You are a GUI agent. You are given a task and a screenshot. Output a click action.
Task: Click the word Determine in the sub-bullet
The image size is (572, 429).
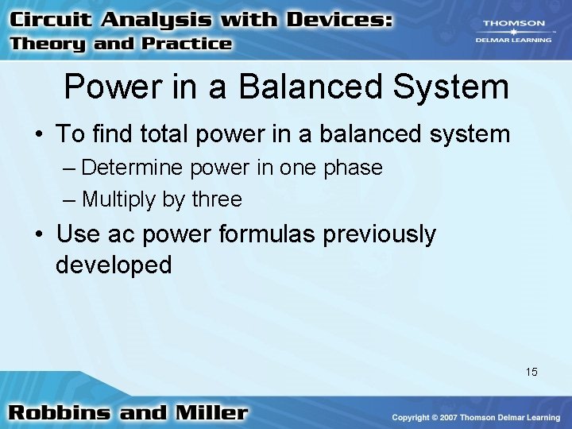pyautogui.click(x=130, y=168)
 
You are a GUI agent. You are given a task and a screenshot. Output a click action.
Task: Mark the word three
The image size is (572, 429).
pyautogui.click(x=217, y=199)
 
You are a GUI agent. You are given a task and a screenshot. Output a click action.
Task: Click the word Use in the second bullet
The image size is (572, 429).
pyautogui.click(x=78, y=234)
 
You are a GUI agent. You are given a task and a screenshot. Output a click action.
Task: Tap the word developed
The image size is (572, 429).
pyautogui.click(x=114, y=265)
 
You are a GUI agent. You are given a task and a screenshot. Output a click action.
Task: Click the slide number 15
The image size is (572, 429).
pyautogui.click(x=531, y=371)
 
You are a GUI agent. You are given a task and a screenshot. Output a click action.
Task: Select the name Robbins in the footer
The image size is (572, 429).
pyautogui.click(x=60, y=413)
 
